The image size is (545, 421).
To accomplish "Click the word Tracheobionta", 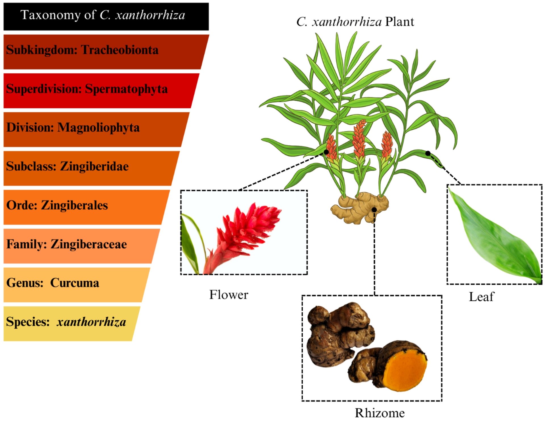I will [x=120, y=50].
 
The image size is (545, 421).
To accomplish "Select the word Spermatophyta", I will [x=126, y=89].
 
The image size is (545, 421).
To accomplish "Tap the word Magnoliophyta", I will [x=98, y=128].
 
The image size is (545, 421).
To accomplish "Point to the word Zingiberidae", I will [x=94, y=166].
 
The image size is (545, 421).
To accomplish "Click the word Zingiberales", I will [x=74, y=205].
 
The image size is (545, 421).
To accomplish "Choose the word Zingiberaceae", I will [x=89, y=244].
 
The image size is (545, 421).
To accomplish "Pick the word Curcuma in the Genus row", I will [x=75, y=283].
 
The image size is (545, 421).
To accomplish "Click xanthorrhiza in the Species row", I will [x=91, y=322].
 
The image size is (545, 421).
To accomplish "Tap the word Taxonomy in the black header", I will [x=51, y=15].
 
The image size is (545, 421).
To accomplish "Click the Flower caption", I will [x=229, y=295].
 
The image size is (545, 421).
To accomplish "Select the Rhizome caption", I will [x=380, y=413].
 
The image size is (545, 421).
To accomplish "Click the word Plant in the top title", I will [x=399, y=22].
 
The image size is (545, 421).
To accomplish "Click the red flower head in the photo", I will [x=247, y=230].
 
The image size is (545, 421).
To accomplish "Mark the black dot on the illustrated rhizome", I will [x=374, y=210].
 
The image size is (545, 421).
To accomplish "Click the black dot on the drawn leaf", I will [x=428, y=153].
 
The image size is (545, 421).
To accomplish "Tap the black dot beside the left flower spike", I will [x=326, y=152].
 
